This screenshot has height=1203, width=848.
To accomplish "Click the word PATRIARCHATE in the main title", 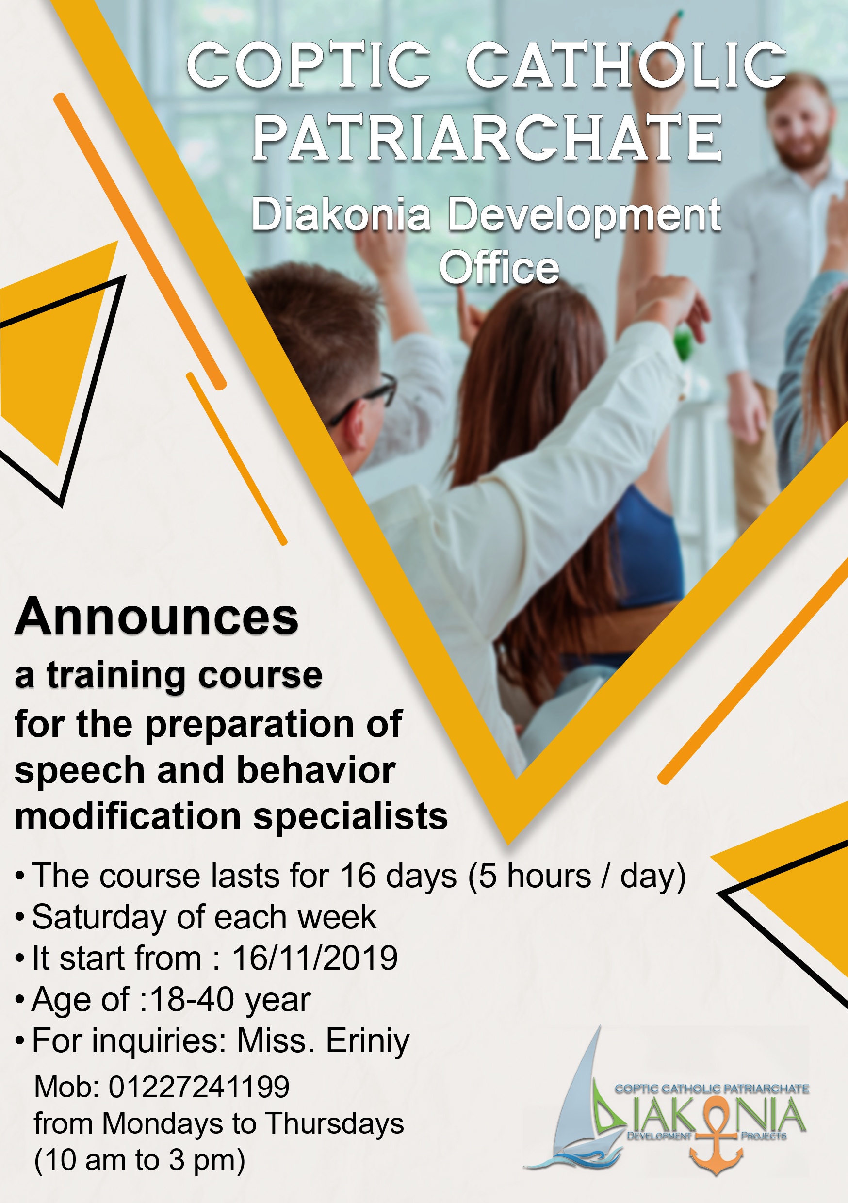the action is (487, 138).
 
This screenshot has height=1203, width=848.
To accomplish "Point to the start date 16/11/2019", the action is (315, 958).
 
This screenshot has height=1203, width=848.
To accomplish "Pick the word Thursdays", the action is (334, 1123).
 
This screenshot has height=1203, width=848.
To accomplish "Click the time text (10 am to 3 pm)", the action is (139, 1160).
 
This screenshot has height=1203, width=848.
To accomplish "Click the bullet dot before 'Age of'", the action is (20, 1000).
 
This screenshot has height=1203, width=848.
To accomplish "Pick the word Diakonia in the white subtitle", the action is (341, 214).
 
